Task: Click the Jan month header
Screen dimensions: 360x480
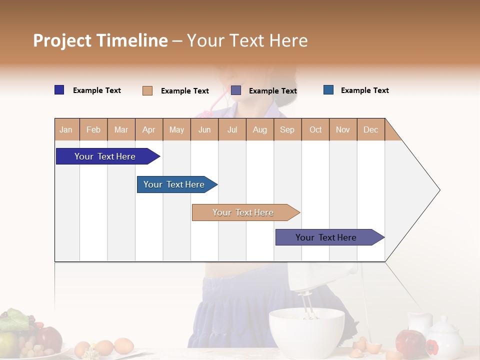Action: (x=66, y=129)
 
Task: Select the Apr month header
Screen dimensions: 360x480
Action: (x=149, y=129)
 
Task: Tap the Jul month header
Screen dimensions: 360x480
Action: (x=232, y=129)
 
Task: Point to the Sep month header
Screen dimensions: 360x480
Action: (x=287, y=129)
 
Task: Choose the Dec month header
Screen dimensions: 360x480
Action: (x=370, y=129)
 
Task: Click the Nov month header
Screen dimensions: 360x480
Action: (x=343, y=129)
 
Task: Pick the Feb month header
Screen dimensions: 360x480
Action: (x=93, y=129)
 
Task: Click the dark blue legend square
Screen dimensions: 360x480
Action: (x=59, y=90)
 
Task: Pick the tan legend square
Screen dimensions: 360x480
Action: (x=147, y=90)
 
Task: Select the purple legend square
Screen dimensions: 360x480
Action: (x=236, y=90)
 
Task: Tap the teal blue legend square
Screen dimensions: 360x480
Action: (x=328, y=90)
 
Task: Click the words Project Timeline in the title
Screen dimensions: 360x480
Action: (x=100, y=40)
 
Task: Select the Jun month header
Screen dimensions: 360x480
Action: (x=204, y=129)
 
